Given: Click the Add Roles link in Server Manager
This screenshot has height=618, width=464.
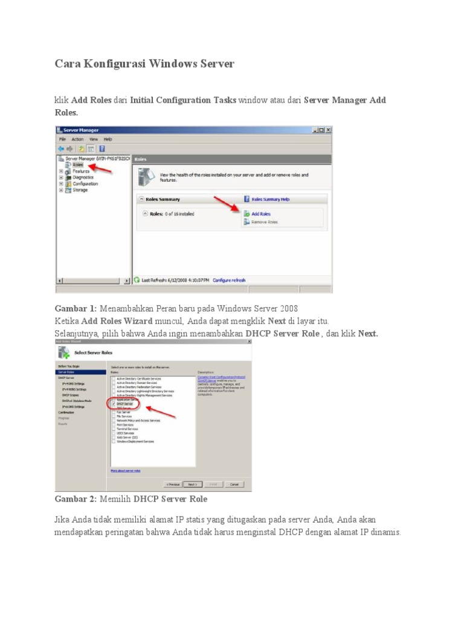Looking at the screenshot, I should pos(260,214).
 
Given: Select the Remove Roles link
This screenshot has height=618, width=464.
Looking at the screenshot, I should pos(264,222).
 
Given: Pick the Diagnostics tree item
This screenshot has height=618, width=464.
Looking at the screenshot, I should pos(83,177).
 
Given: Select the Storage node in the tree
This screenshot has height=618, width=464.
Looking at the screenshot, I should pos(80,190).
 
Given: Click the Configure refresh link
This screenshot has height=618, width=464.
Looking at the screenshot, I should pos(229,280).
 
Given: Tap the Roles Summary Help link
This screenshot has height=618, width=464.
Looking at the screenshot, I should pos(270,199).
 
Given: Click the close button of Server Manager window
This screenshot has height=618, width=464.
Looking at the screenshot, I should pos(328,130).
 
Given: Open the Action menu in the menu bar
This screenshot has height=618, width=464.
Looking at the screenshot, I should pos(77,139).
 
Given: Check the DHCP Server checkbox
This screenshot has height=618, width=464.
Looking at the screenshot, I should pos(113,404).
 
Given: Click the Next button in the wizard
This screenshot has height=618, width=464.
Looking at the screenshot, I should pos(192,484).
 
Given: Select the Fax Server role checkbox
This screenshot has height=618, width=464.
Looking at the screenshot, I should pos(113,412).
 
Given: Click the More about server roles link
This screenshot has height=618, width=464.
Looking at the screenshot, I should pos(125,470).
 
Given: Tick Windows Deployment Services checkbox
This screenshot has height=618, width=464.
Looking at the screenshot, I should pos(113,441).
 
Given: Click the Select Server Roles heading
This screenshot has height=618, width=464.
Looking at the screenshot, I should pos(93,352).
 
